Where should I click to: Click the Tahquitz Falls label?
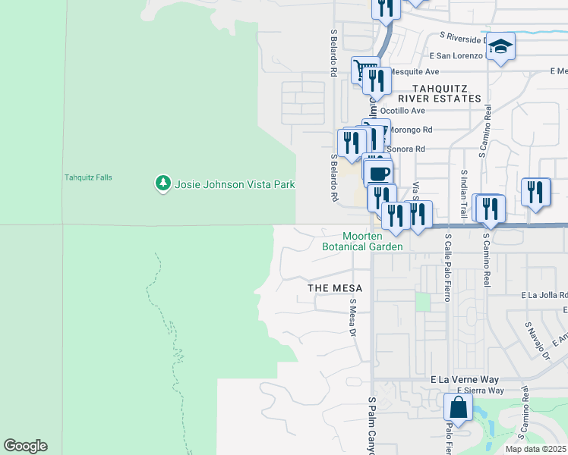(x=88, y=177)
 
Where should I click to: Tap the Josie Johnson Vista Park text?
(x=235, y=184)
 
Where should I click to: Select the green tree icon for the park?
(x=163, y=184)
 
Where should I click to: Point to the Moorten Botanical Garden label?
(x=362, y=241)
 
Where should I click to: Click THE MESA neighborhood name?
(x=334, y=289)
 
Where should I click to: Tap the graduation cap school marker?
(x=500, y=47)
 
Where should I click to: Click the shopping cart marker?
(x=365, y=71)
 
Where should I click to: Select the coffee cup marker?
(x=378, y=174)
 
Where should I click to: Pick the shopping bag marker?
(x=459, y=407)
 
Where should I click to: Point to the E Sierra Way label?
(x=480, y=391)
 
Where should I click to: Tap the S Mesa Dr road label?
(x=352, y=318)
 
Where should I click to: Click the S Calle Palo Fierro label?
(x=447, y=267)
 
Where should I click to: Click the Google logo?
(x=25, y=446)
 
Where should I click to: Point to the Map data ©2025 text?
(x=535, y=449)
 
